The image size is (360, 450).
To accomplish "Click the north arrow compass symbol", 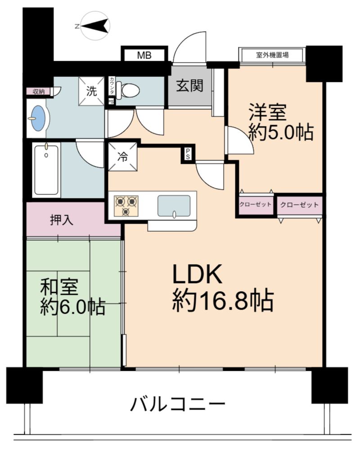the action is pyautogui.click(x=95, y=26).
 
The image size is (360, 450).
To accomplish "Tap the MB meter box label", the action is pyautogui.click(x=144, y=55).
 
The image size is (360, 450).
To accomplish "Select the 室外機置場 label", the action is pyautogui.click(x=272, y=55).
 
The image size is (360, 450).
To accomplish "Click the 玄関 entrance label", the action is pyautogui.click(x=189, y=85).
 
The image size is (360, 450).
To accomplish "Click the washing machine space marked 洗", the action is pyautogui.click(x=92, y=91).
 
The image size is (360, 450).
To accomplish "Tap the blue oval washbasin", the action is pyautogui.click(x=38, y=118).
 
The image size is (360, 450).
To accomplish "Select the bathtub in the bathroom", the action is pyautogui.click(x=46, y=170).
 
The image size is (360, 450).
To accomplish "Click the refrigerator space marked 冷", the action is pyautogui.click(x=122, y=157).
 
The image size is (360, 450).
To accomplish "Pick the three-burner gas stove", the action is pyautogui.click(x=126, y=206).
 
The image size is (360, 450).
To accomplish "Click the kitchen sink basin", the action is pyautogui.click(x=174, y=206).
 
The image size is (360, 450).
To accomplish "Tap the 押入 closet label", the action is pyautogui.click(x=62, y=220).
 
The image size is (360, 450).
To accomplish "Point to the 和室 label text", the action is pyautogui.click(x=59, y=287).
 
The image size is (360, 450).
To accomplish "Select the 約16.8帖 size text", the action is pyautogui.click(x=223, y=301).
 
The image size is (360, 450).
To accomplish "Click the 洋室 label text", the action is pyautogui.click(x=268, y=112).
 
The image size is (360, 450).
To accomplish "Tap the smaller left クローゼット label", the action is pyautogui.click(x=255, y=204).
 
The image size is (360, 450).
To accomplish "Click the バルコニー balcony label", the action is pyautogui.click(x=178, y=404).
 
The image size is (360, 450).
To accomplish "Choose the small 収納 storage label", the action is pyautogui.click(x=38, y=91).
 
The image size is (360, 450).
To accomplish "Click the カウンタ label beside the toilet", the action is pyautogui.click(x=112, y=86).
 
